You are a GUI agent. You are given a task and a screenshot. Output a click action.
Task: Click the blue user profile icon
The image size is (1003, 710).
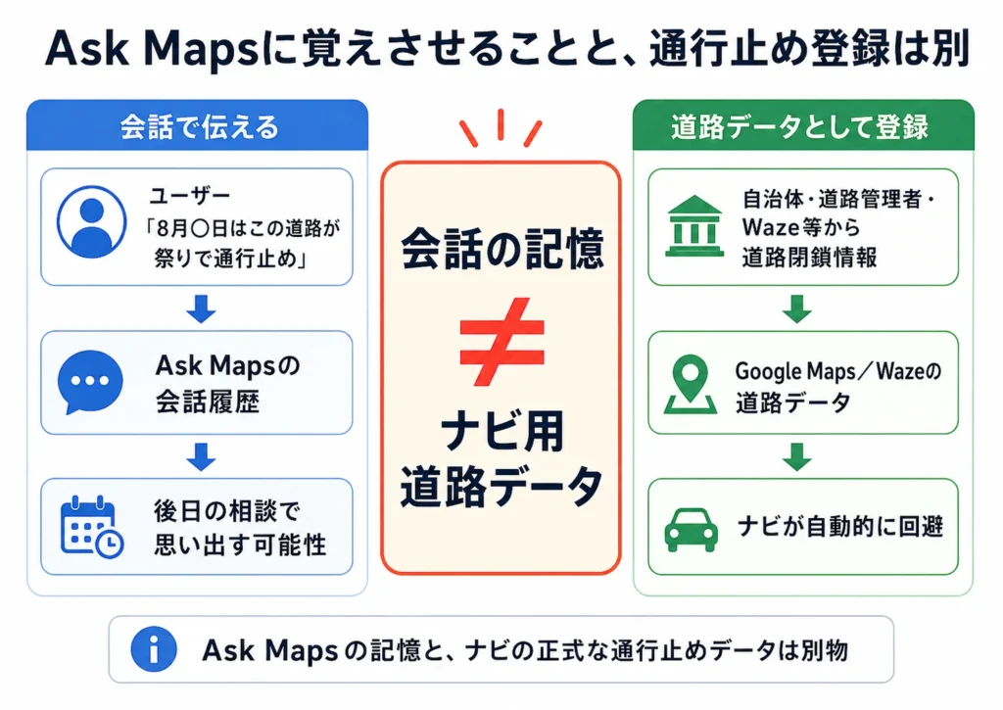pos(91,222)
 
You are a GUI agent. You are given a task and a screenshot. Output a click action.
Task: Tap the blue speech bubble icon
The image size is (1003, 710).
pos(89,382)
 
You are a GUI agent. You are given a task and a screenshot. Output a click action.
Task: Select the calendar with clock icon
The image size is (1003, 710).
pos(91,527)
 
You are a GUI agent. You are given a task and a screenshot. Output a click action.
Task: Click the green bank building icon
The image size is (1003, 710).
pos(694,226)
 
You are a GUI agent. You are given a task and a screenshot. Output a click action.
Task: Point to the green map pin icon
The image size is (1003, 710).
pos(691,384)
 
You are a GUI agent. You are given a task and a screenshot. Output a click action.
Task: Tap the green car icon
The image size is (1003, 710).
pos(691,530)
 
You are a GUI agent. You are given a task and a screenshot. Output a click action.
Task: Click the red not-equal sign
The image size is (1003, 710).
pos(501,342)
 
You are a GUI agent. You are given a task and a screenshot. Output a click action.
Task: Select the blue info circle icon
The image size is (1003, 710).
pos(154,649)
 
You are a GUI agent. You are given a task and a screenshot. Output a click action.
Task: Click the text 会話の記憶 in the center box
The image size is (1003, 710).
pos(502,249)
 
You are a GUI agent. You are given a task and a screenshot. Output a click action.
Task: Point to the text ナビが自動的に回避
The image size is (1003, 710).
pos(840,527)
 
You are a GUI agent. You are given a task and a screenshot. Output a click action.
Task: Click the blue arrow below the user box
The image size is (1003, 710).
pos(201,308)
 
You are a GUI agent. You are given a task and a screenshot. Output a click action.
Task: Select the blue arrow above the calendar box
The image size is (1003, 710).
pos(201,456)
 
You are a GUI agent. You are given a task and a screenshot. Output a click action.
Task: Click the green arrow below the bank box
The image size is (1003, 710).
pos(797,308)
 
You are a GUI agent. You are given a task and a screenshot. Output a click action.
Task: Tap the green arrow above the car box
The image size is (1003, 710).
pos(797,456)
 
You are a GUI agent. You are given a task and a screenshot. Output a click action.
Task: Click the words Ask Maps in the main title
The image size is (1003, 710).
pos(152,50)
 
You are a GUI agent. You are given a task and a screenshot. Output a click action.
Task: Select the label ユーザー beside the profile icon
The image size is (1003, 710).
pos(190,195)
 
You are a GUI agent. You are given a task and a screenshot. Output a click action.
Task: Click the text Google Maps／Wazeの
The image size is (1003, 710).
pos(838,371)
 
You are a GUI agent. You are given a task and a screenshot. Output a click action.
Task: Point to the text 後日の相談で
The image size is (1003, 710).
pos(226,511)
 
